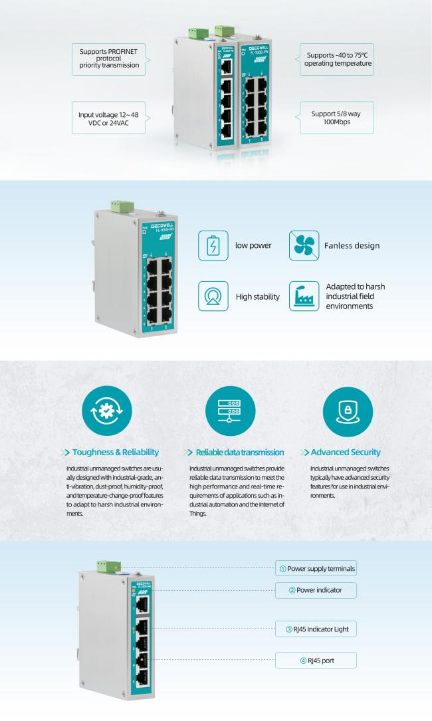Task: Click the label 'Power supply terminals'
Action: click(x=316, y=568)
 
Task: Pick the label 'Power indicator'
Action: click(x=316, y=590)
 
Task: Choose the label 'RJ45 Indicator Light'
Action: click(x=316, y=628)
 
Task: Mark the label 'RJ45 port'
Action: click(x=316, y=660)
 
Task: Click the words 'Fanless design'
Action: click(x=352, y=245)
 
